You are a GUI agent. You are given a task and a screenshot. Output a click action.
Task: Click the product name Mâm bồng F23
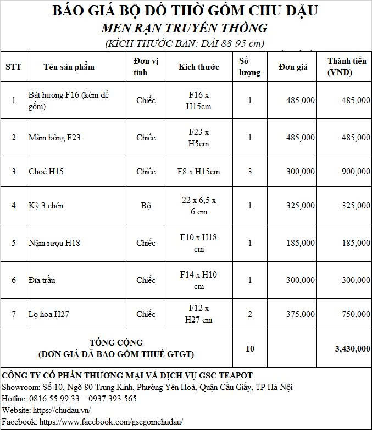(x=54, y=138)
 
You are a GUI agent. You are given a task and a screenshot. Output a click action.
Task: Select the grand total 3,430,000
(x=352, y=348)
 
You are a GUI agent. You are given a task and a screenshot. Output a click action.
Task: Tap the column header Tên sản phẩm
(x=69, y=67)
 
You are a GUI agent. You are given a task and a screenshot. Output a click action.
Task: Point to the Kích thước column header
(x=199, y=67)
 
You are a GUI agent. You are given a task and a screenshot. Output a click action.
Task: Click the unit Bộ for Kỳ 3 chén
(x=146, y=206)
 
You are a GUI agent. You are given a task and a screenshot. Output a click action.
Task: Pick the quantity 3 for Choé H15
(x=250, y=172)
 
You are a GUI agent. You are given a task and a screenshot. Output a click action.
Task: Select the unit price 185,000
(x=301, y=242)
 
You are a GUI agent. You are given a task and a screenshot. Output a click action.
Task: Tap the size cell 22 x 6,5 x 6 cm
(x=199, y=206)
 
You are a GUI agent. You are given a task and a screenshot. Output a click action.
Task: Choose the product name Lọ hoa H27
(x=49, y=314)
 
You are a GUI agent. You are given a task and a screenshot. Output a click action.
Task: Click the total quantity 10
(x=250, y=348)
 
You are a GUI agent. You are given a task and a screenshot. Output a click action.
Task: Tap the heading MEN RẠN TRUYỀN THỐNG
(x=185, y=27)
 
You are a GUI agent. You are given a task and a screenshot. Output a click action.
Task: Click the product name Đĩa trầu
(x=41, y=280)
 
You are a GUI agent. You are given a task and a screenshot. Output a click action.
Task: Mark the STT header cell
(x=14, y=67)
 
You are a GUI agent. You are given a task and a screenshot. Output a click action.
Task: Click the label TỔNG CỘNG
(x=116, y=343)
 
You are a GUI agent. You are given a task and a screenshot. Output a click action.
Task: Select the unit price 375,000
(x=301, y=314)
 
